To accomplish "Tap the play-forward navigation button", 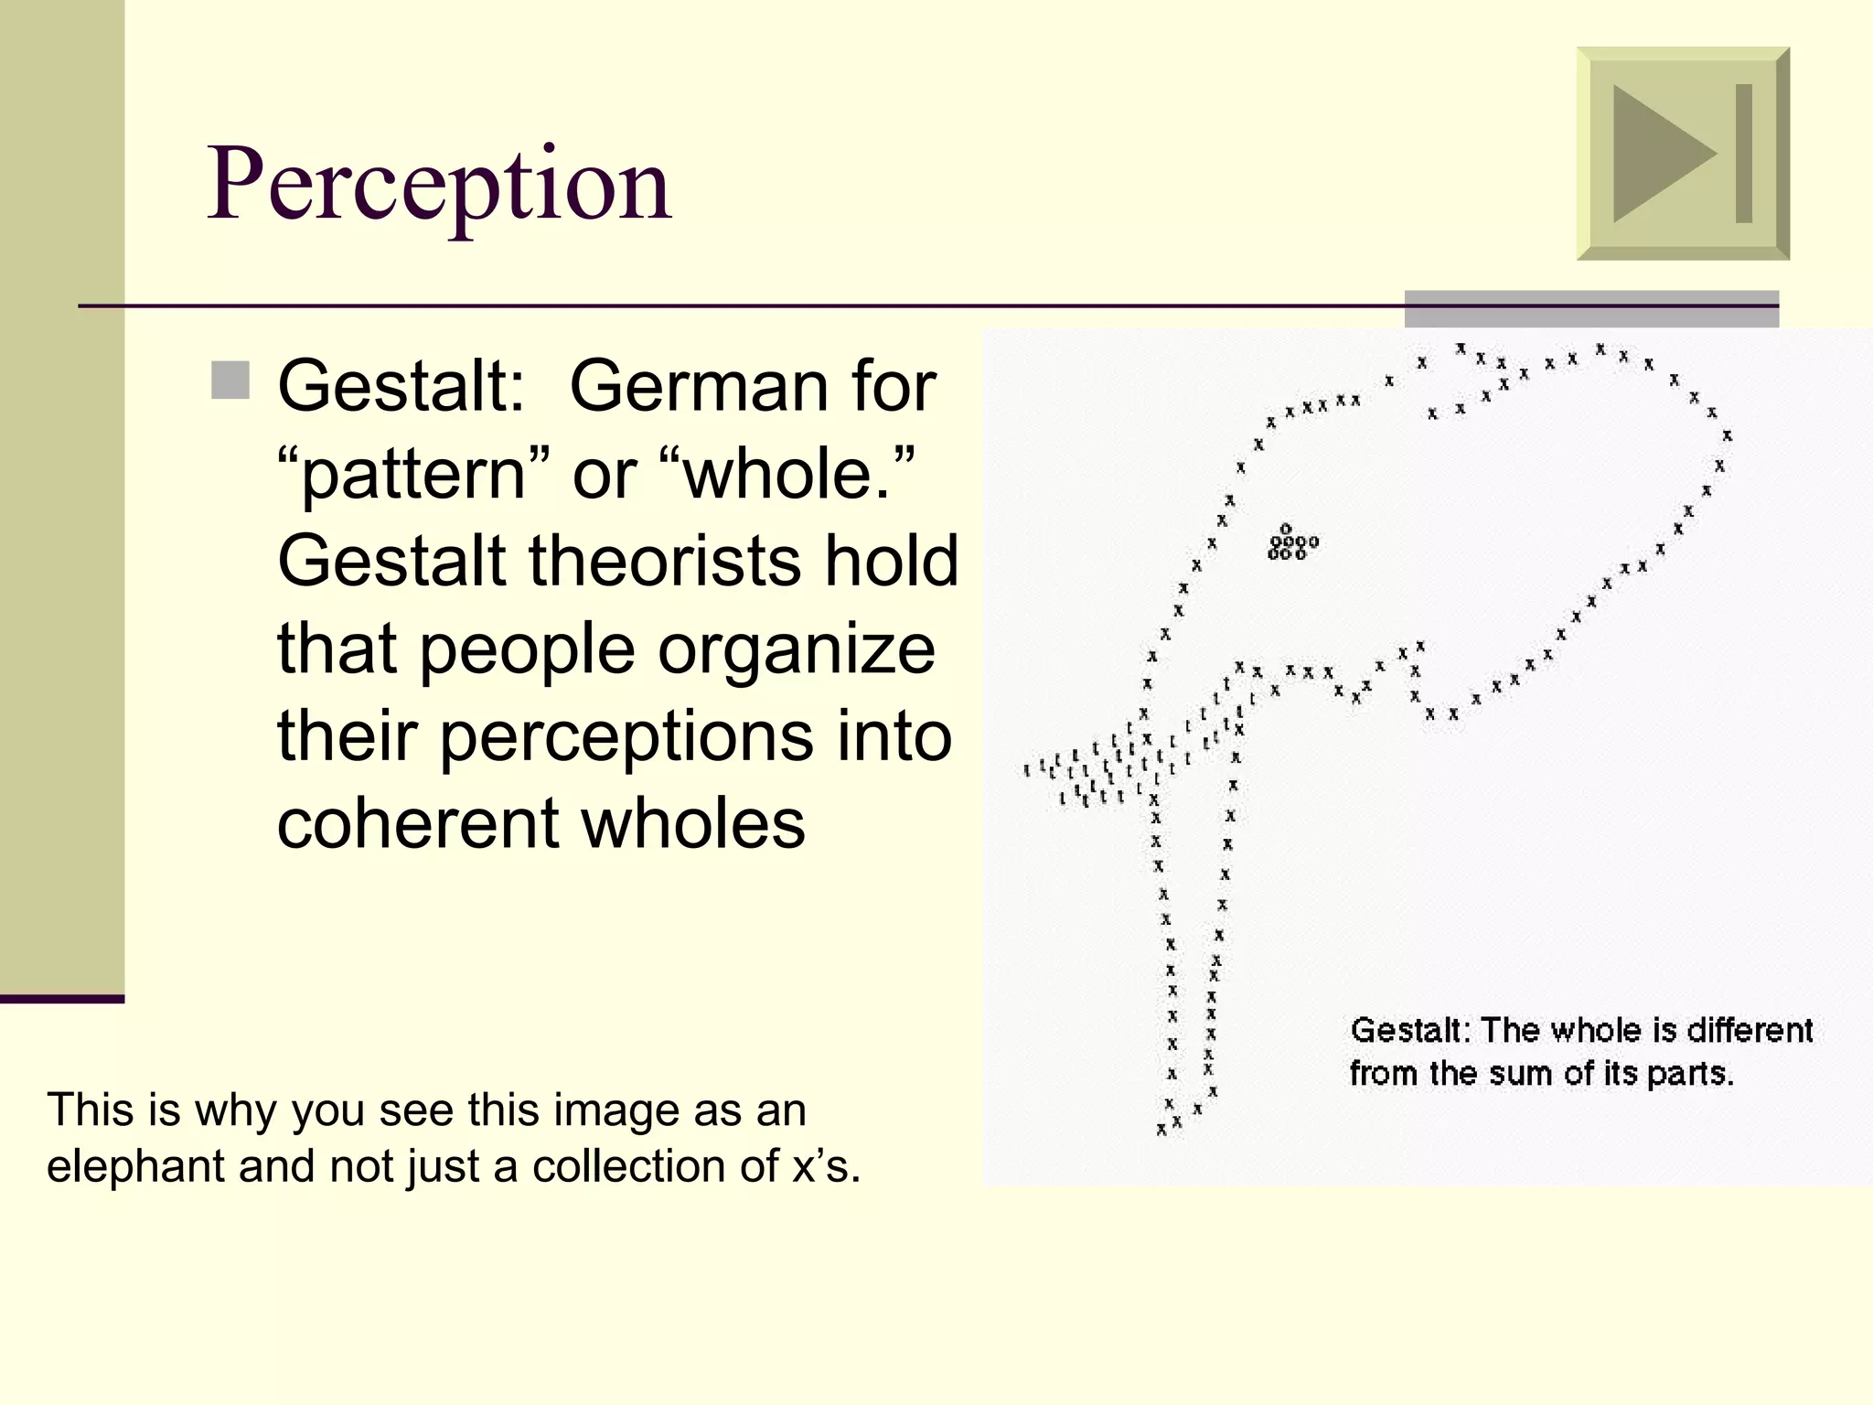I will coord(1682,154).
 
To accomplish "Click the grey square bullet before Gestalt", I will coord(230,381).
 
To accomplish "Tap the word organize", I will coord(797,649).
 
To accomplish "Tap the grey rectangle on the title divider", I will coord(1590,309).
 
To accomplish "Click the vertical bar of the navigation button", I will coord(1743,154).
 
